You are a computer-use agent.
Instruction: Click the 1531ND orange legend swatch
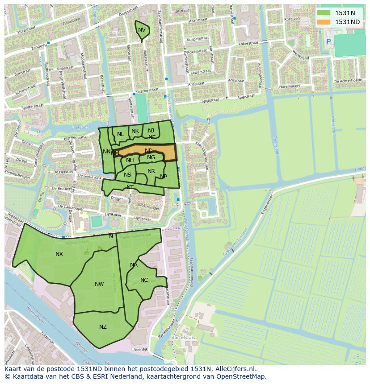tap(324, 22)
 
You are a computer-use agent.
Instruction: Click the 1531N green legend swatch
tap(324, 13)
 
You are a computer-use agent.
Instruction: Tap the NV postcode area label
tap(142, 30)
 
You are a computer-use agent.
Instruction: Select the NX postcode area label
tap(59, 254)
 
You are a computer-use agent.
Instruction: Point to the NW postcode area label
tap(99, 284)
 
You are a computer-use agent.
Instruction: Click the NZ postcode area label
tap(103, 327)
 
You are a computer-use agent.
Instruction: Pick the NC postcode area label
tap(144, 280)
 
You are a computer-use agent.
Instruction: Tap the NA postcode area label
tap(134, 265)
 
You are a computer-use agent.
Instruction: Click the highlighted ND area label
tap(149, 151)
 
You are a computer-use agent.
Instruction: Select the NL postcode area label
tap(121, 134)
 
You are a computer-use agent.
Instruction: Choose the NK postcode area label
tap(135, 131)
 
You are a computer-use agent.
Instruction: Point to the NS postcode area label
tap(128, 175)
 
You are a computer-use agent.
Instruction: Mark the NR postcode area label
tap(151, 171)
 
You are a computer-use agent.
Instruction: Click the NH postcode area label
tap(130, 160)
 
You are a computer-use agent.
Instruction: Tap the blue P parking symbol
tap(328, 41)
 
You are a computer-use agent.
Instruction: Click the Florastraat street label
tap(26, 32)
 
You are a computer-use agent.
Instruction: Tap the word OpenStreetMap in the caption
tap(242, 376)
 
